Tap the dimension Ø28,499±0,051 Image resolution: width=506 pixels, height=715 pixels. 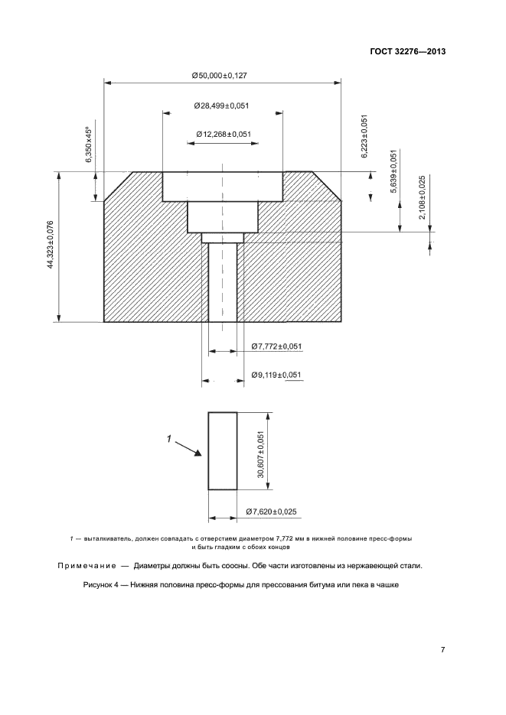(223, 106)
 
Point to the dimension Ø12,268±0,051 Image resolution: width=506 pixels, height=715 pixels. (224, 135)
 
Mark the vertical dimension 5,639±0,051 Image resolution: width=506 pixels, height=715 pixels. (394, 171)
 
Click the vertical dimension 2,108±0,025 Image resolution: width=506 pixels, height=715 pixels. (423, 198)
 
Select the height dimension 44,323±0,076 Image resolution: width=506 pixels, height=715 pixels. (51, 244)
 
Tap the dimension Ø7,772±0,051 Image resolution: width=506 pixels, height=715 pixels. (276, 346)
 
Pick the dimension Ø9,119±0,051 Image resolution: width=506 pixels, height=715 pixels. (276, 375)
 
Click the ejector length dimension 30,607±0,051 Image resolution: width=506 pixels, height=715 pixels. (260, 454)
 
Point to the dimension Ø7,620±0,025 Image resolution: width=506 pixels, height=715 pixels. (272, 511)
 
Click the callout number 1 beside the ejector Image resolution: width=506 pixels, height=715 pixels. (169, 439)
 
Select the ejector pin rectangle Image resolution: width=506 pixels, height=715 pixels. (223, 451)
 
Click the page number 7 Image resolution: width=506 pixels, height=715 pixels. (442, 650)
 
